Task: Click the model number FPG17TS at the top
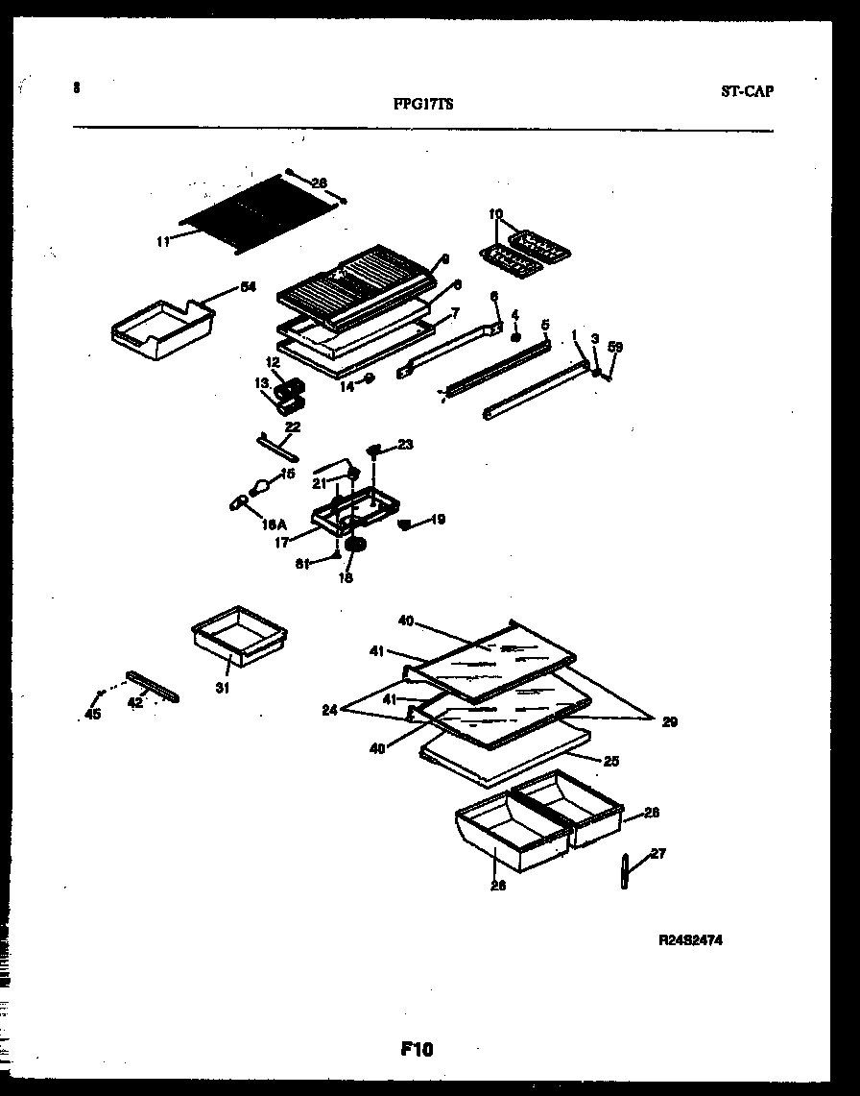pyautogui.click(x=423, y=106)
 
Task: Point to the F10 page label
pyautogui.click(x=418, y=1050)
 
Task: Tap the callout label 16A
pyautogui.click(x=275, y=524)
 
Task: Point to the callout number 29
pyautogui.click(x=669, y=721)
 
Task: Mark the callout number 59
pyautogui.click(x=614, y=348)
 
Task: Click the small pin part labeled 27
pyautogui.click(x=625, y=870)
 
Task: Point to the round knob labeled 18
pyautogui.click(x=357, y=547)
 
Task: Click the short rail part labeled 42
pyautogui.click(x=151, y=686)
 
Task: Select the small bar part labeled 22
pyautogui.click(x=277, y=448)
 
